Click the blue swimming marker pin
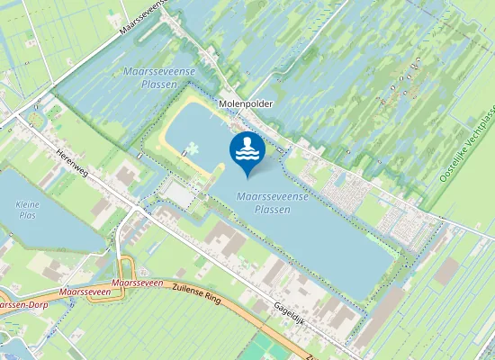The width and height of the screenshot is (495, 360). [247, 152]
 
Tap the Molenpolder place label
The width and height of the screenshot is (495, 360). [245, 104]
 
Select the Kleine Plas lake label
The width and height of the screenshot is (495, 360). [29, 210]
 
